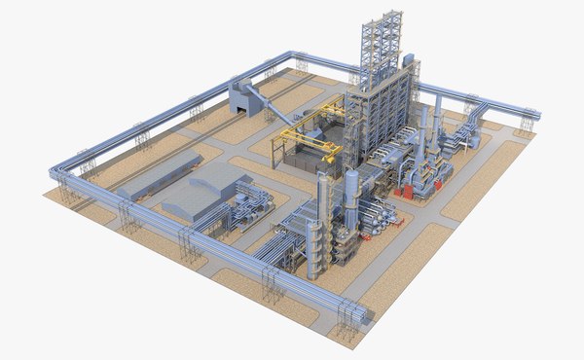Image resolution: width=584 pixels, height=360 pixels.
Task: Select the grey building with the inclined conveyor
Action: point(242,95)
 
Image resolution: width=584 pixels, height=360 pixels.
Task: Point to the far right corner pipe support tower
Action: point(527,123)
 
